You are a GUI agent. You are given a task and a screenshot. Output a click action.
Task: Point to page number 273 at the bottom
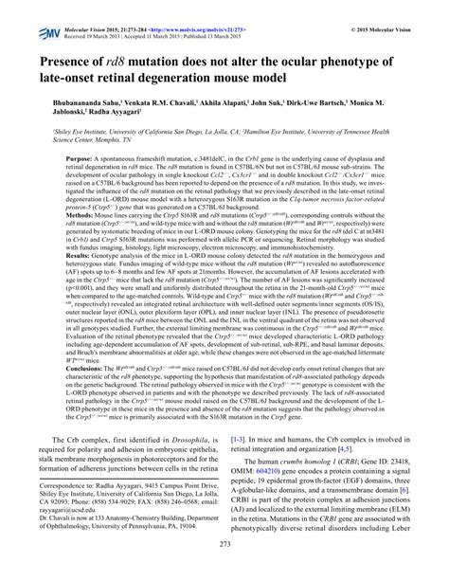click(224, 570)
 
